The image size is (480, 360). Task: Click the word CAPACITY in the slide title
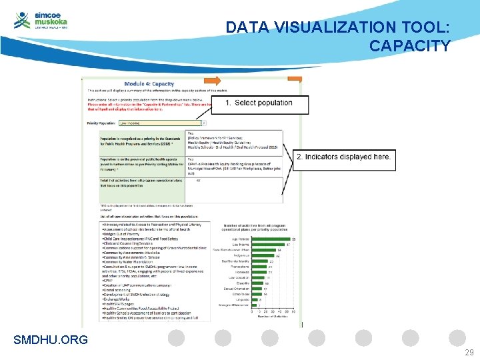pyautogui.click(x=409, y=46)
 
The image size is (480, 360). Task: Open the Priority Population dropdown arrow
pyautogui.click(x=203, y=123)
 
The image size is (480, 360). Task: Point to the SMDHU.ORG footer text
pyautogui.click(x=51, y=340)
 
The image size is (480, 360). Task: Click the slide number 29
pyautogui.click(x=469, y=353)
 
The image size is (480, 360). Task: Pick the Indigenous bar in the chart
pyautogui.click(x=263, y=255)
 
